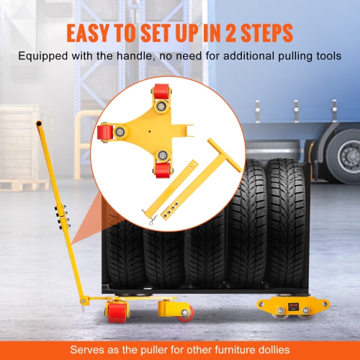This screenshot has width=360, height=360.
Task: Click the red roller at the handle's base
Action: [115, 312]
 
